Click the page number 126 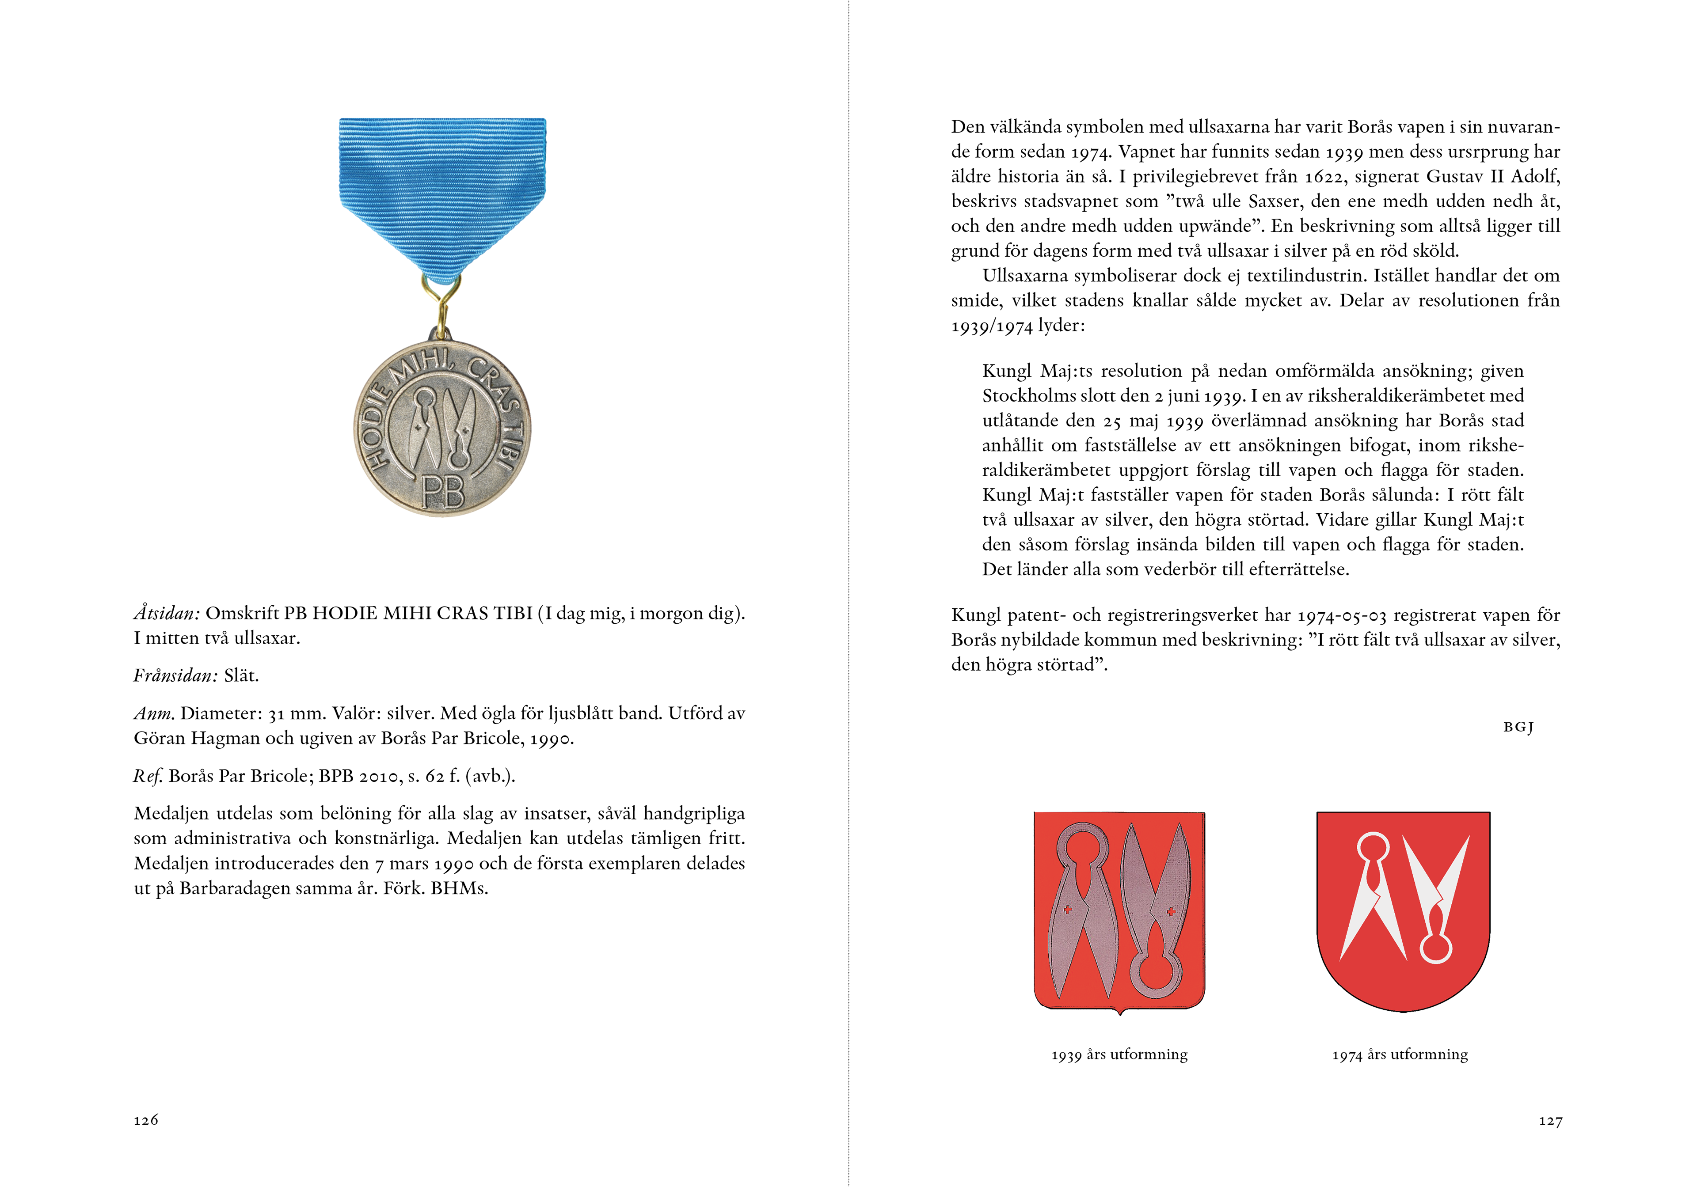pos(145,1120)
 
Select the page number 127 pos(1550,1121)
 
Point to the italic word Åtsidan pos(166,614)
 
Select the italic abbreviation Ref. pos(148,776)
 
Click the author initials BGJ pos(1518,727)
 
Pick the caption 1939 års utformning pos(1119,1055)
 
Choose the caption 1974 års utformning pos(1400,1055)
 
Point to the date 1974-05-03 pos(1342,615)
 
